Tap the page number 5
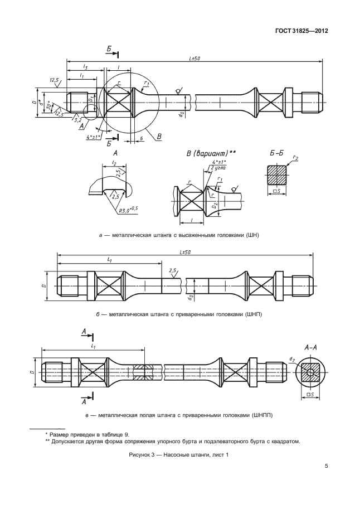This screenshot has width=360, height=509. [x=326, y=467]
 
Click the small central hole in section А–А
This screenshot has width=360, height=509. [x=310, y=372]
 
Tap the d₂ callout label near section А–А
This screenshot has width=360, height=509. [x=291, y=360]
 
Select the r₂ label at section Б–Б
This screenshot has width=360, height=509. [x=295, y=158]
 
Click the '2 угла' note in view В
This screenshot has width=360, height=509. [x=218, y=167]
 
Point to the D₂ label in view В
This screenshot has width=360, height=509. [x=213, y=206]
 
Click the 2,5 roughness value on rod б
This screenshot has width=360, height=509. [x=172, y=270]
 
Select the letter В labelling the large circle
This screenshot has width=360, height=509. [x=159, y=137]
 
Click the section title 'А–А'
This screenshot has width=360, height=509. [x=310, y=348]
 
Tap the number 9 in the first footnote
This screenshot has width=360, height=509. [x=127, y=434]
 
